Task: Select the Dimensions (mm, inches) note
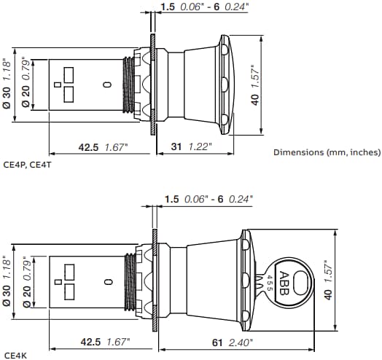pos(327,152)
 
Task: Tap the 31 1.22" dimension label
pos(191,146)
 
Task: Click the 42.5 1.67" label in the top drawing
pos(103,146)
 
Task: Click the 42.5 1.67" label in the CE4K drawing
pos(103,342)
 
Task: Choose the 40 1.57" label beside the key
pos(330,281)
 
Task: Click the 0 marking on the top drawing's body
pos(107,85)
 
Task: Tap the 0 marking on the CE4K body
pos(107,281)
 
